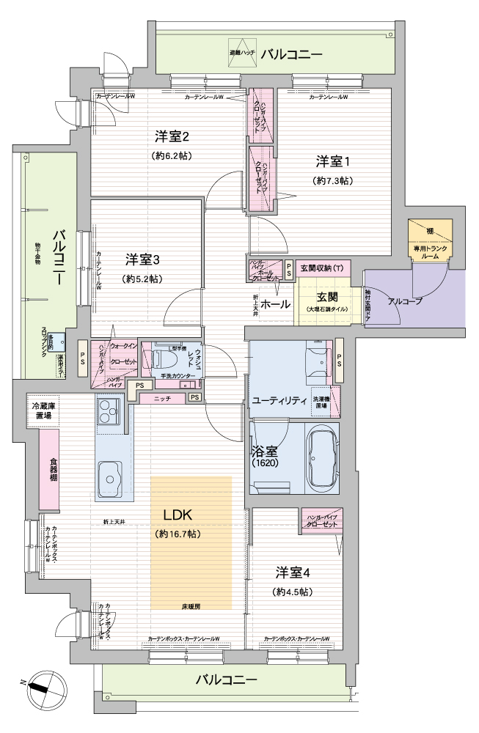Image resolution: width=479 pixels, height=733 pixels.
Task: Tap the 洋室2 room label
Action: (x=172, y=136)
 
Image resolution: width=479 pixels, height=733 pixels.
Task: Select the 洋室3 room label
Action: (x=142, y=259)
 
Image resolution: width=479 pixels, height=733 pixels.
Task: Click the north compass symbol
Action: (x=42, y=687)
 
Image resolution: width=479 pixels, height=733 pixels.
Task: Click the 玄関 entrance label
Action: (x=326, y=297)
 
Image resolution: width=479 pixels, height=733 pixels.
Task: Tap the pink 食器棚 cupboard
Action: (x=49, y=470)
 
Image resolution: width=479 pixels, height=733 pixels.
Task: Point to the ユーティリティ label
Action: (x=279, y=400)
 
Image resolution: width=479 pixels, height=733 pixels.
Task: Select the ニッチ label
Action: (x=163, y=398)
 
